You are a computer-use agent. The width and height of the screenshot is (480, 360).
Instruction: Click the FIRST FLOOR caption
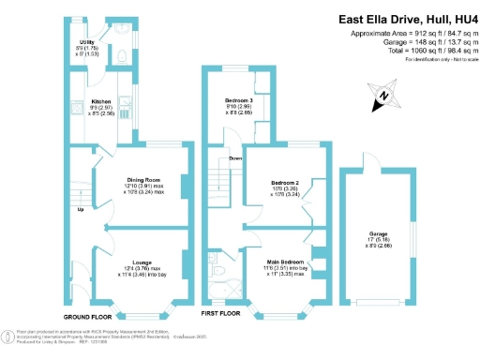[x=223, y=312]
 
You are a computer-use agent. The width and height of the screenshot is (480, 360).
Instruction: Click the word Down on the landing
[x=235, y=158]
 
